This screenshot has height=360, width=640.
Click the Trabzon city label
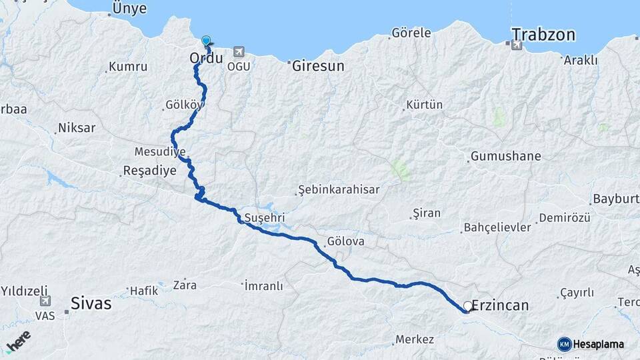coord(543,35)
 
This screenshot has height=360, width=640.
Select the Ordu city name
coord(206,59)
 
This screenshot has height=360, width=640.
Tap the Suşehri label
coord(265,218)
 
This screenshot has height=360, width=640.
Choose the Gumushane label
coord(505,156)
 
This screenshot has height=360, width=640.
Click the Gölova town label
coord(346,241)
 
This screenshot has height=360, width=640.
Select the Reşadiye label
coord(150,171)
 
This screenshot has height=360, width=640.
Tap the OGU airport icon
coord(239,52)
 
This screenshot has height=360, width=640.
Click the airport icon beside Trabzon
coord(517,45)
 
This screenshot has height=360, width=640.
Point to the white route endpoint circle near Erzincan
coord(468,306)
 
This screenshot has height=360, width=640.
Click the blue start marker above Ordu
coord(206,41)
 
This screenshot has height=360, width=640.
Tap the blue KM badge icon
coord(564,344)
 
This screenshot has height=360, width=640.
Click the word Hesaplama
coord(599,344)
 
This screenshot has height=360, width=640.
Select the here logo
coord(19,341)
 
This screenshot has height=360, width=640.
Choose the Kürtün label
coord(425,105)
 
